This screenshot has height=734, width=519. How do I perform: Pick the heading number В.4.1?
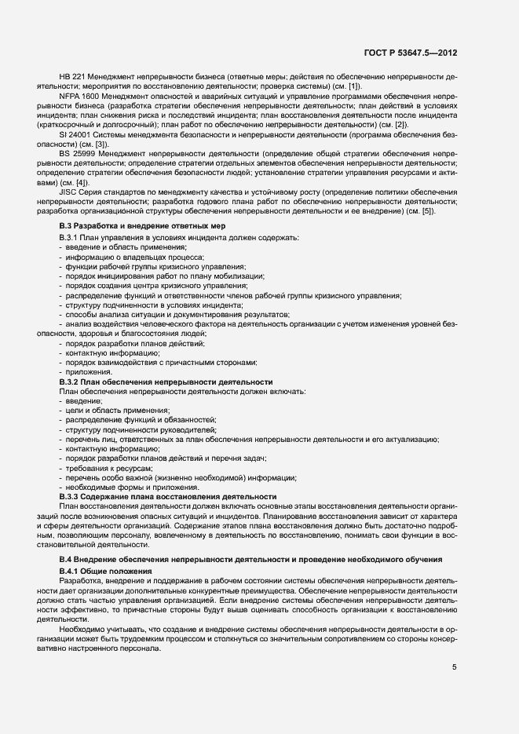click(x=72, y=569)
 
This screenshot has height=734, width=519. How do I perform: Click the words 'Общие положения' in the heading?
click(x=119, y=569)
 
